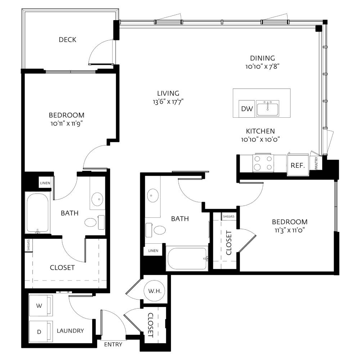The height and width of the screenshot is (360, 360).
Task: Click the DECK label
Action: (68, 40)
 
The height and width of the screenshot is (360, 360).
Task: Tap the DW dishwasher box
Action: (247, 109)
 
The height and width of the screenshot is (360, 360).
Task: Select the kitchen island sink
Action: (268, 108)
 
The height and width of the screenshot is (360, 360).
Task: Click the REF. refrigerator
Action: (298, 165)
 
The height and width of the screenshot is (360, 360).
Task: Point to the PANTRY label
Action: (316, 163)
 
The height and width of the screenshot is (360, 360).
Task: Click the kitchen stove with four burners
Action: (263, 163)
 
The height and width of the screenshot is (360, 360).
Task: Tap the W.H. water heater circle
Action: (155, 291)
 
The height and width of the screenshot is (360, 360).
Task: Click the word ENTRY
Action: (113, 345)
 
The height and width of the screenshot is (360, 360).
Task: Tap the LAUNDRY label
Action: (70, 330)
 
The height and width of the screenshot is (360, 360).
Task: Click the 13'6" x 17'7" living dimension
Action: (168, 102)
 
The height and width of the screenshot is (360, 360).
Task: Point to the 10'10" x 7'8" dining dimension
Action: (262, 67)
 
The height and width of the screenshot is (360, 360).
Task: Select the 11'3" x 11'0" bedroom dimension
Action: (289, 230)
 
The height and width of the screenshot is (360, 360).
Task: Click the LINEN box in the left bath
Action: (45, 183)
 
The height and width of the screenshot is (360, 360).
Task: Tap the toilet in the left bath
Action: (94, 222)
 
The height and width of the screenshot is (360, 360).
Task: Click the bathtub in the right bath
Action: (187, 258)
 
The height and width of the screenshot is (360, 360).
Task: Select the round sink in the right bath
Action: (152, 195)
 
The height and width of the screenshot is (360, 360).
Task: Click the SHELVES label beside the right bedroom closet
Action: (229, 216)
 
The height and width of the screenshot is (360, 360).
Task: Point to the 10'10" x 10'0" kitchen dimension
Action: (260, 139)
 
